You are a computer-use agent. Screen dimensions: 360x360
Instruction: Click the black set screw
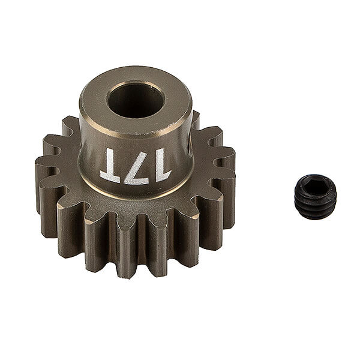tap(315, 197)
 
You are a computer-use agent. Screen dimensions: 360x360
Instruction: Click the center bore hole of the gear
tap(135, 100)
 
